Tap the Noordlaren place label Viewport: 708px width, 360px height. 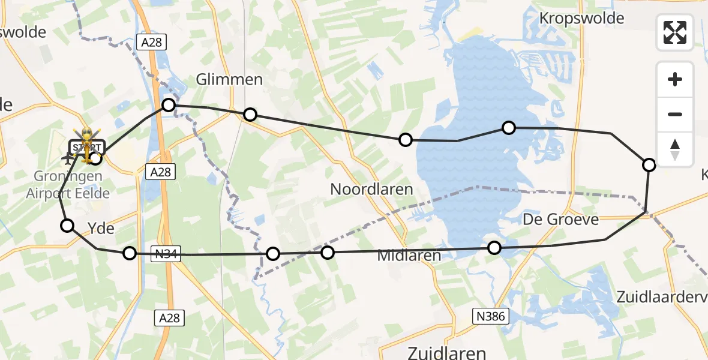(371, 190)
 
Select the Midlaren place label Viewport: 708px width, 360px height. (409, 255)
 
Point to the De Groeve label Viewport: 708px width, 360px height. (560, 219)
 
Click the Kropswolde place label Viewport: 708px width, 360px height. (581, 19)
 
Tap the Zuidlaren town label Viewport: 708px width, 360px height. (446, 352)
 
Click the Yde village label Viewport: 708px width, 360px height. (101, 229)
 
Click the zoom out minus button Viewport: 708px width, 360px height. (675, 114)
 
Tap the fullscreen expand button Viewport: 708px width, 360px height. (675, 32)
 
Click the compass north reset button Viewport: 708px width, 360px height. (675, 149)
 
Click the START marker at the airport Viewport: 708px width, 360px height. (87, 147)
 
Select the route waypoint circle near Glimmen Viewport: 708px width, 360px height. (250, 115)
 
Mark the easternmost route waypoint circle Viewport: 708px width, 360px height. (649, 164)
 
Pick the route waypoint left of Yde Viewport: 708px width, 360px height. (67, 226)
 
